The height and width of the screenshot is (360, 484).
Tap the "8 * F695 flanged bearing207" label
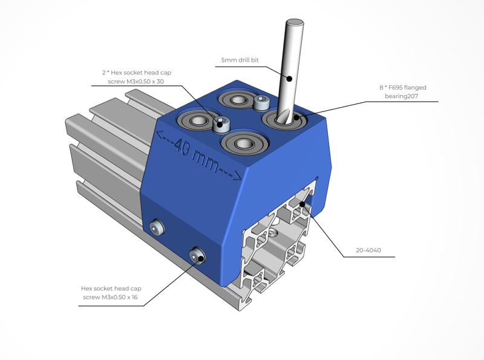tap(404, 91)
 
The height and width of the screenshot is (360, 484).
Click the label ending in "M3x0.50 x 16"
tap(110, 292)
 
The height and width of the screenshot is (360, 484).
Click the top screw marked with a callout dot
tap(221, 125)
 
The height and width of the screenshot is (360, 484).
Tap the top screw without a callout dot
tap(261, 102)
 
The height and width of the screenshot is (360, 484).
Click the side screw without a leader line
tap(158, 227)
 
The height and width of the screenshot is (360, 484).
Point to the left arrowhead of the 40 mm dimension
tap(159, 134)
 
